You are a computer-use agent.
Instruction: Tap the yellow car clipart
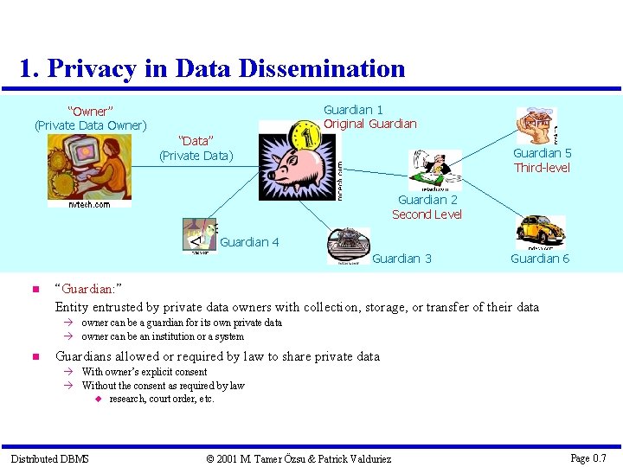[540, 231]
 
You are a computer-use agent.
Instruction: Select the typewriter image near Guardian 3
[348, 245]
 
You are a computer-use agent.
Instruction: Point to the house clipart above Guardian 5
[537, 126]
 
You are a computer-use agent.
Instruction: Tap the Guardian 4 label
[249, 242]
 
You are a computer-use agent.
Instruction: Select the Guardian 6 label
[540, 259]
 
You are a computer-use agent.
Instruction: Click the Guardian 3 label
[401, 259]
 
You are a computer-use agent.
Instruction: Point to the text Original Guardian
[369, 124]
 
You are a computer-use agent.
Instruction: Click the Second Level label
[427, 214]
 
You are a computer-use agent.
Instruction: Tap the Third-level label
[542, 168]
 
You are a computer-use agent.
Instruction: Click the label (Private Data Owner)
[91, 125]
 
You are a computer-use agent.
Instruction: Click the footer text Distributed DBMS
[49, 458]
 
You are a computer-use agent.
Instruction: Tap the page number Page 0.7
[588, 458]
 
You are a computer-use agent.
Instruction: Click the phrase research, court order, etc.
[162, 399]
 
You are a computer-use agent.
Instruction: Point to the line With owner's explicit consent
[145, 372]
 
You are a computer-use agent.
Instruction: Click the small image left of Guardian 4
[200, 235]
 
